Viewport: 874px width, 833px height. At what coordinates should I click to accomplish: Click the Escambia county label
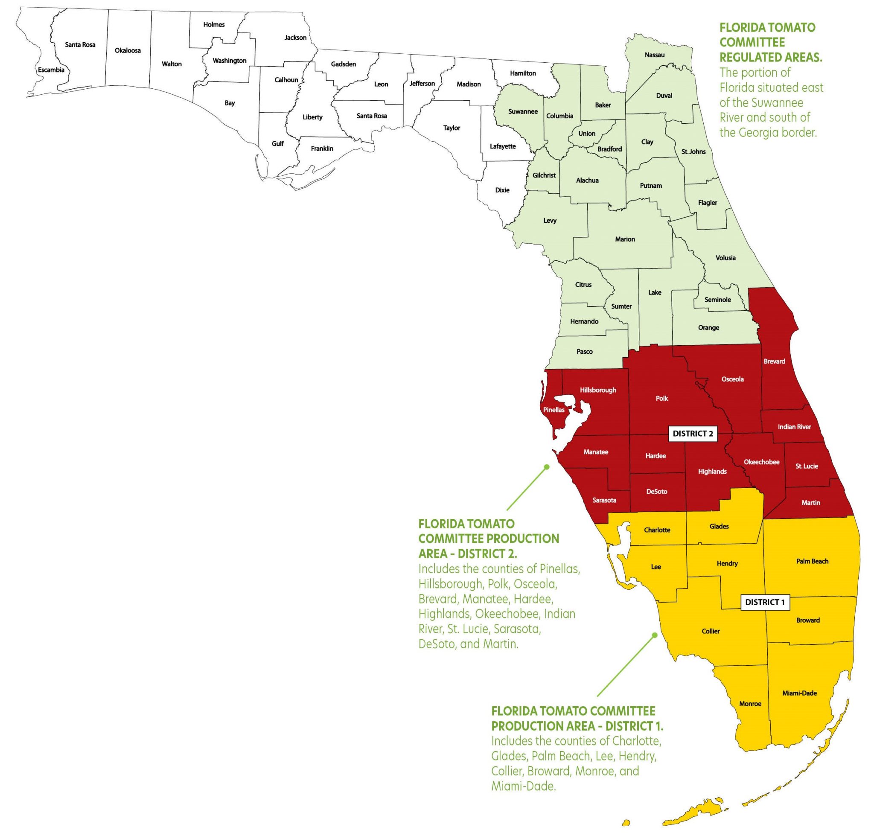51,70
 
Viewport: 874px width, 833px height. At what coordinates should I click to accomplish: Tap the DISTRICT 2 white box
693,434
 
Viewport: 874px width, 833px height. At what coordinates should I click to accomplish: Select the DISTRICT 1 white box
765,602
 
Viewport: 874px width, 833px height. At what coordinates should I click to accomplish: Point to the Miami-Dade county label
799,693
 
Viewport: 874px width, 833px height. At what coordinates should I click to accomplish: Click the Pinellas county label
554,410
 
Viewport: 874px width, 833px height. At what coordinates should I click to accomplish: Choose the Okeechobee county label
762,462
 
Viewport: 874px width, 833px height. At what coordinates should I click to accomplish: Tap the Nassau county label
655,55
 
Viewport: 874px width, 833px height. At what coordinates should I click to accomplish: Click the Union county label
587,133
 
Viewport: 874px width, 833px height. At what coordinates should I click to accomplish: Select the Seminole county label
718,299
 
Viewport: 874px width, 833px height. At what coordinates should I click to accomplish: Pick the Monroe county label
750,703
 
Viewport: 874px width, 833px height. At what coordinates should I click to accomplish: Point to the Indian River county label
795,427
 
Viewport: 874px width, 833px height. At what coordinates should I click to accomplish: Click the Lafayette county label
503,146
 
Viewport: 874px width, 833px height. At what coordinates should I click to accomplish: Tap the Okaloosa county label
128,50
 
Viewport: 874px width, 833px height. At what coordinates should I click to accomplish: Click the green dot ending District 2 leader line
547,467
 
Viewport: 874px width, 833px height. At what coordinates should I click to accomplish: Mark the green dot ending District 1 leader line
655,635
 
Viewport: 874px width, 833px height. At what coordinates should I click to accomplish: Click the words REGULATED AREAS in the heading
771,57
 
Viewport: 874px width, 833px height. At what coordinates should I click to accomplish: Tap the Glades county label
719,526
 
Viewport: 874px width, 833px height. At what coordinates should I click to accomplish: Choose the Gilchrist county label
544,175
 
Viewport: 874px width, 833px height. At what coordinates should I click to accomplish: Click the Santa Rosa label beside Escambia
80,44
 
